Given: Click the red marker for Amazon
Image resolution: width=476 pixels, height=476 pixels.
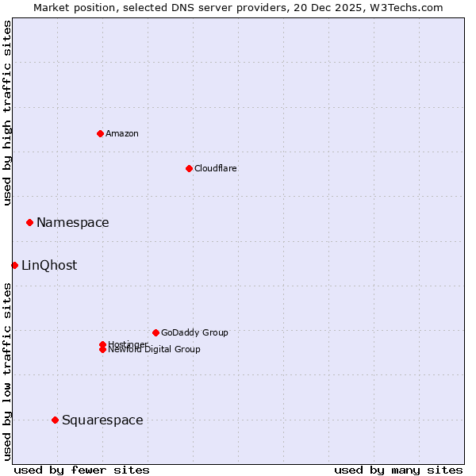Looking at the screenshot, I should pos(100,133).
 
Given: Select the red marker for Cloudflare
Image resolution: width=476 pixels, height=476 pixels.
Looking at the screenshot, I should pos(189,168).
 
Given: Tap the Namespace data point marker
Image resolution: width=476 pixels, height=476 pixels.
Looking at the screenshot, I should pos(29,222).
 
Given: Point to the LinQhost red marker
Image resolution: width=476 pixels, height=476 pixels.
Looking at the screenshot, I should pos(14,265).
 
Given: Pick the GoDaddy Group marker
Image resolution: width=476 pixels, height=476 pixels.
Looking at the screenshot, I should pos(155,332).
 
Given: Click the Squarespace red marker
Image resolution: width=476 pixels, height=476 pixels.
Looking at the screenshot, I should pos(55,420).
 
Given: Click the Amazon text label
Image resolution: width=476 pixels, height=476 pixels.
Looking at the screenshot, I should pos(122,133).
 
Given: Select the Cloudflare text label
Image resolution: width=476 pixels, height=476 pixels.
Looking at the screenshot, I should pos(216,168).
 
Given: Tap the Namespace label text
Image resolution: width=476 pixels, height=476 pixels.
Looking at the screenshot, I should pos(73,223).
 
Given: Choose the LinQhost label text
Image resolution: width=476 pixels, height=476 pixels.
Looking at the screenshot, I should pos(49,266).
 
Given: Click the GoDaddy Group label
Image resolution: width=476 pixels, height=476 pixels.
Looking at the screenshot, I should pos(194,332).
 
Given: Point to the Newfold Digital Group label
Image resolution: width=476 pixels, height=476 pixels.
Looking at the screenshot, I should pos(155,350).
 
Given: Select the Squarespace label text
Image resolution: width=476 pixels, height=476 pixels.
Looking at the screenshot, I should pos(102,420).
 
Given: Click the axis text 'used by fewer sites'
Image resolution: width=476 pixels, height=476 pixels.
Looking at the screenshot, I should pos(82,470).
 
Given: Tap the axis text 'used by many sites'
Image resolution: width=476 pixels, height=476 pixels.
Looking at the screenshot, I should pos(398,470).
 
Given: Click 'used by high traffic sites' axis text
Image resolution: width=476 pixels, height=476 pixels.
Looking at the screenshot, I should pos(7,113).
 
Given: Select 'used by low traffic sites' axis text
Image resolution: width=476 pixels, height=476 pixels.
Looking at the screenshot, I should pos(7,371).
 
